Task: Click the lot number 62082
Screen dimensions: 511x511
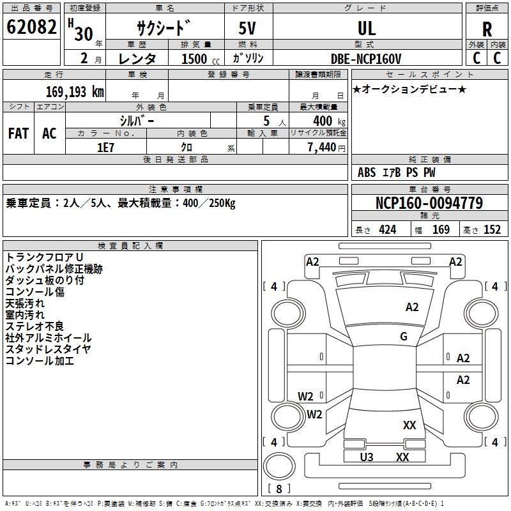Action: click(32, 27)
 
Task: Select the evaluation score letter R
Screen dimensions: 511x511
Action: click(487, 29)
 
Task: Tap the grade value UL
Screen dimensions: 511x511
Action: click(367, 28)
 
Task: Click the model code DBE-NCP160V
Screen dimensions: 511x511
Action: click(366, 59)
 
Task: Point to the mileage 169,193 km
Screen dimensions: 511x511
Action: click(75, 91)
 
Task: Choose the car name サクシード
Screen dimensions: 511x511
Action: click(164, 29)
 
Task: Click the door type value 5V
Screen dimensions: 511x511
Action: click(248, 28)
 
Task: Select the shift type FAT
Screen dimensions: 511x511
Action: click(18, 133)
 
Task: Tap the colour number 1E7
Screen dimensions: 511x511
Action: click(105, 147)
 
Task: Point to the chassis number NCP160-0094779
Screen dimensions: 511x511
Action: click(429, 204)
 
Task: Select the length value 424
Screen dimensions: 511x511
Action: click(387, 230)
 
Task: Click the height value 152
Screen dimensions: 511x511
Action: click(492, 230)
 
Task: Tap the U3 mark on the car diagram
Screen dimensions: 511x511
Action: click(367, 457)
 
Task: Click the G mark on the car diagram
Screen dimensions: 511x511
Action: click(404, 337)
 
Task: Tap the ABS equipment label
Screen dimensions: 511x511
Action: click(367, 172)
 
